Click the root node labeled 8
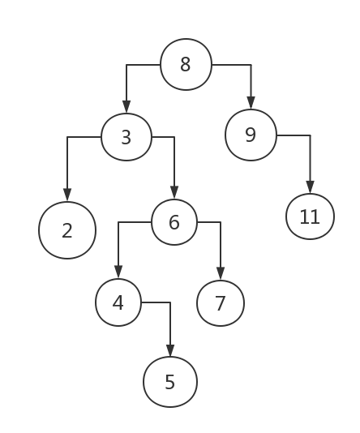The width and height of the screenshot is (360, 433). pos(186,64)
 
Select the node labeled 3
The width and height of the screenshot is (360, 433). pos(126,137)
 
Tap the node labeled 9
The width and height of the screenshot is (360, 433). pos(251,135)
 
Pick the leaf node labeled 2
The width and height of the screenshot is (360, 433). pos(67,230)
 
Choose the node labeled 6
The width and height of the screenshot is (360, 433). pos(174,222)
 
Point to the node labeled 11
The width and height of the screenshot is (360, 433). pos(310,216)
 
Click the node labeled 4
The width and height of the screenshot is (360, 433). pos(118,302)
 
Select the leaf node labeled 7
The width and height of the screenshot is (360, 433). pos(221,303)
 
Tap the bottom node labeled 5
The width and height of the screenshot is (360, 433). pos(170,382)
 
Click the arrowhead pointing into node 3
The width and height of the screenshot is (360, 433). pos(126,107)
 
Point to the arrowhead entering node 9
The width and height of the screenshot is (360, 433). pos(251,103)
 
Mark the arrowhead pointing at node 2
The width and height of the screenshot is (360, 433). pos(67,195)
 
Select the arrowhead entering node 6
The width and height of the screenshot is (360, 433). pos(174,192)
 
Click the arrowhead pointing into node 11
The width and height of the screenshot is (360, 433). pos(311,187)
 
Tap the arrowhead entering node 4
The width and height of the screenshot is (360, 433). pos(118,272)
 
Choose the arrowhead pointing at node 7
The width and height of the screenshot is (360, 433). pos(221,273)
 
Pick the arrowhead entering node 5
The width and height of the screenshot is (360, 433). pos(170,351)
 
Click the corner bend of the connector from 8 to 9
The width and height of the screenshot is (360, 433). pos(251,65)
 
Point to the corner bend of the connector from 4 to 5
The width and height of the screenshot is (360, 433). pos(170,302)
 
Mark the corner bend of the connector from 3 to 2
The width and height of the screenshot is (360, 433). pos(67,137)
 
